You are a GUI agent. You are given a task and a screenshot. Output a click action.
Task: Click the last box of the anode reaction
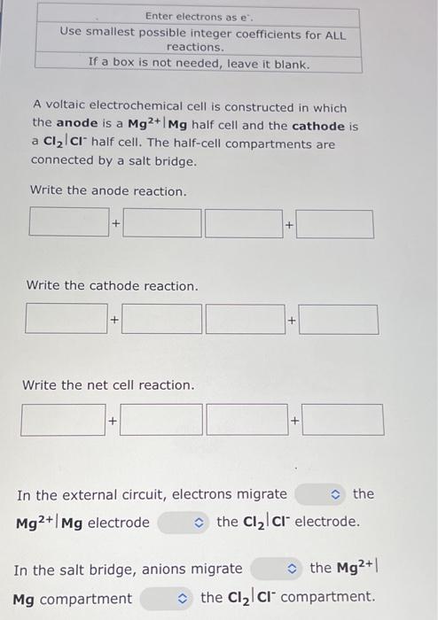pyautogui.click(x=334, y=224)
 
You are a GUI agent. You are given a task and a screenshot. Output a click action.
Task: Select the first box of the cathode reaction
pyautogui.click(x=66, y=318)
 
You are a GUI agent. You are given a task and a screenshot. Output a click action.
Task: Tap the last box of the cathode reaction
pyautogui.click(x=338, y=319)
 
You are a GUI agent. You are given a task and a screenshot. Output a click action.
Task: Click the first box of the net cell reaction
pyautogui.click(x=62, y=419)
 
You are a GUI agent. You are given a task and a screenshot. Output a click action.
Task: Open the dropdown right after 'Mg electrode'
pyautogui.click(x=184, y=523)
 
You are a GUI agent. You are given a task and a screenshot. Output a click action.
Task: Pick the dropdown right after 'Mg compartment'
pyautogui.click(x=167, y=599)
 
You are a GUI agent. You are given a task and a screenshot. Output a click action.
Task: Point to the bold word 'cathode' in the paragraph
pyautogui.click(x=317, y=126)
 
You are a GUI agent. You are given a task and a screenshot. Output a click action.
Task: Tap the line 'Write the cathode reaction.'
pyautogui.click(x=113, y=286)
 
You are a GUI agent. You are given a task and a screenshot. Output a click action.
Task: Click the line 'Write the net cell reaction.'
pyautogui.click(x=107, y=385)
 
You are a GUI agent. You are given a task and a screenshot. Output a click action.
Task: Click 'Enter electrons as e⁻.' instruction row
pyautogui.click(x=199, y=16)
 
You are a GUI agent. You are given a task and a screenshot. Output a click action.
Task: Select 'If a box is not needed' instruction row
pyautogui.click(x=199, y=65)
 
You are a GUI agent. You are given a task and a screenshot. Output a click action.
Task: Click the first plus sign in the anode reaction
pyautogui.click(x=115, y=224)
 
